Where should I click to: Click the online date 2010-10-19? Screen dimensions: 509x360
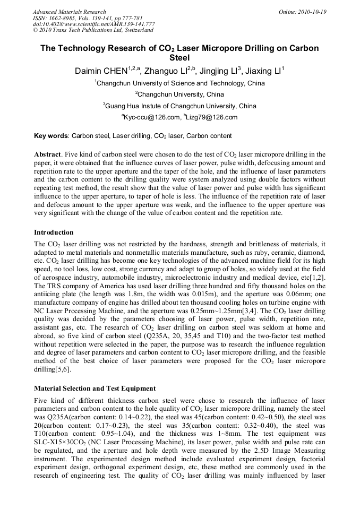[311, 12]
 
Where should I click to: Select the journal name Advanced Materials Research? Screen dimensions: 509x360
[69, 12]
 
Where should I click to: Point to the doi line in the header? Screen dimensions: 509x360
[93, 24]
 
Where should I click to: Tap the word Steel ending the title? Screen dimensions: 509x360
[180, 58]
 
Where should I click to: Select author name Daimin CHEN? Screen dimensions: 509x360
[101, 71]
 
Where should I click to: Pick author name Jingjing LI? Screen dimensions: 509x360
[218, 71]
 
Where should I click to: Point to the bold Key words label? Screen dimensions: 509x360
[51, 136]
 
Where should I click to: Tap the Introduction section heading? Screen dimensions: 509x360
[54, 232]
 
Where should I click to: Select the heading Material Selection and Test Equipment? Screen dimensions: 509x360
[95, 389]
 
